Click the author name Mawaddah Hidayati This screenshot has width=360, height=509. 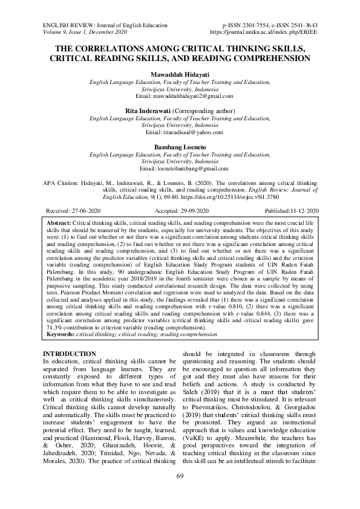pyautogui.click(x=180, y=74)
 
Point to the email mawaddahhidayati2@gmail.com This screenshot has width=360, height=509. pyautogui.click(x=180, y=97)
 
